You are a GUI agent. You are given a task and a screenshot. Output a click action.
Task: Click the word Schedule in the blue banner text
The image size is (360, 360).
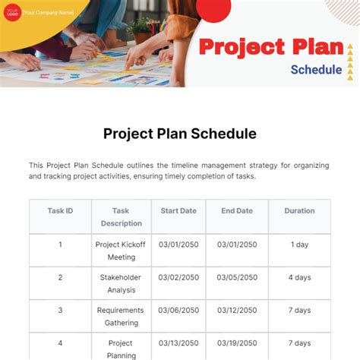point(316,69)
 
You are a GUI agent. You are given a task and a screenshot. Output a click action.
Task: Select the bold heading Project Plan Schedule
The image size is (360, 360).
point(180,134)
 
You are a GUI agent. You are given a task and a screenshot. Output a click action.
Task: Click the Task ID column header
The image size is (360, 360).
point(60,210)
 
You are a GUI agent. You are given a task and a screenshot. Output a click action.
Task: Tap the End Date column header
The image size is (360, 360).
point(238,210)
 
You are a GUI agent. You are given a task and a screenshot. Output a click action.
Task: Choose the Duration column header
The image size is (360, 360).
point(299,210)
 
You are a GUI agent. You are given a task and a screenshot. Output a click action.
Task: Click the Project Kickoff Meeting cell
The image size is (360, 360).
point(121,251)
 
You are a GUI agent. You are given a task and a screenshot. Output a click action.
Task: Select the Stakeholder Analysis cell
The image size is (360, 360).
point(121,283)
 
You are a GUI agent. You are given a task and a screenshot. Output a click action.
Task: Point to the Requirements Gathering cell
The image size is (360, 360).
point(121,316)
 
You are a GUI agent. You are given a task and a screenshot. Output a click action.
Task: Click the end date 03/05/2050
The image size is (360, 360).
point(238,277)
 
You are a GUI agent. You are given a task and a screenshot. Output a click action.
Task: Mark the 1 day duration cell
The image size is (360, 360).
point(299,245)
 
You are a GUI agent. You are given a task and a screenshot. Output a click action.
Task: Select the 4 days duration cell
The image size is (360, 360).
point(299,277)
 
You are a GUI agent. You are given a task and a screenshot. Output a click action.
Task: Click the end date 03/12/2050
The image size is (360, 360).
point(238,310)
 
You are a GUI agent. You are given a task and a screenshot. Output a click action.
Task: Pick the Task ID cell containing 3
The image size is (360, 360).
point(60,310)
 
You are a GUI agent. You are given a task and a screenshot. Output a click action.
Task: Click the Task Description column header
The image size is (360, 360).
point(121,216)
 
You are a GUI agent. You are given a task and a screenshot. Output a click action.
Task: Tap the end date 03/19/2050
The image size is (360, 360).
point(238,343)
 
